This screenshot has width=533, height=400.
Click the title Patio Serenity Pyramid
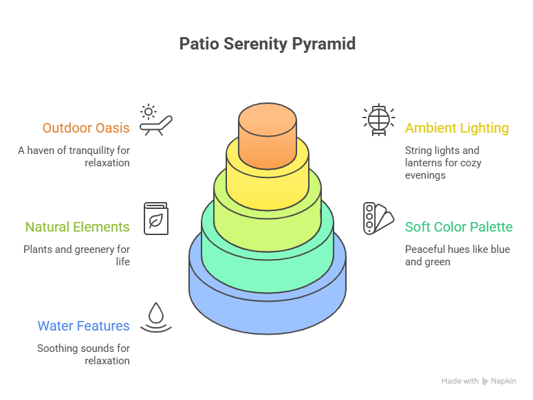coord(267,44)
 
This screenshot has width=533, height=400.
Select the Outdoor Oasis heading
coord(85,128)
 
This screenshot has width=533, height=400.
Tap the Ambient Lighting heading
coord(457,128)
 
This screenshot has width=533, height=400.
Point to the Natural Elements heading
coord(77,227)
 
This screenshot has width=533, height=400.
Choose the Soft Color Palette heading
coord(459,227)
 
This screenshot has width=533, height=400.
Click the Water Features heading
coord(83,326)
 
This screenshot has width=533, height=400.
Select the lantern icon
coord(378,120)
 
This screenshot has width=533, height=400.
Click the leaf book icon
coord(155,219)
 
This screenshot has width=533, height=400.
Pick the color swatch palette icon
coord(378,219)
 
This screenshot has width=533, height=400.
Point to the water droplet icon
coord(155,318)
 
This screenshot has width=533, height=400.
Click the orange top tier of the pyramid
coord(273,137)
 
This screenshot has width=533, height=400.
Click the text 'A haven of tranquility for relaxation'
coord(74,156)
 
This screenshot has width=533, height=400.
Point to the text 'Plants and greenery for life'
coord(76,255)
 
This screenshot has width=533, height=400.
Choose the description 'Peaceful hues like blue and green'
coord(457,255)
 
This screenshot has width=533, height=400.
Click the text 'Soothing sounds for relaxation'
coord(83,354)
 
